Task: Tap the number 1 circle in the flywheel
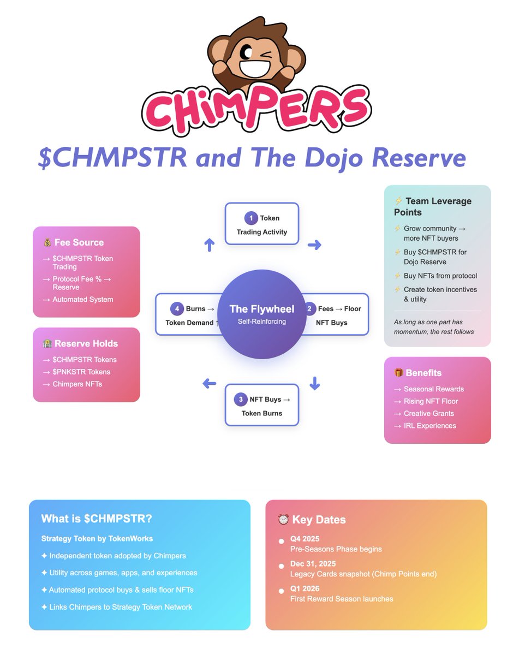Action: pos(251,218)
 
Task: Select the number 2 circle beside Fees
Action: pos(309,309)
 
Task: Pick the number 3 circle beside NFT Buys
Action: pos(241,400)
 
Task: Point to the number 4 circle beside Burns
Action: pos(176,309)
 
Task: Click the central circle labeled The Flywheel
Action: pos(262,314)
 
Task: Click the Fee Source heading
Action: pos(79,242)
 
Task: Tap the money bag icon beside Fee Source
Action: pos(47,242)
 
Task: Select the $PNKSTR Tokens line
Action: pos(81,372)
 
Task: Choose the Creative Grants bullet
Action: pos(429,413)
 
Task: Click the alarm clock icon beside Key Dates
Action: pos(283,520)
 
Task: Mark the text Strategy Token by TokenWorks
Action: pos(97,539)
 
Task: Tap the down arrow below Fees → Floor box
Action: pos(314,383)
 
